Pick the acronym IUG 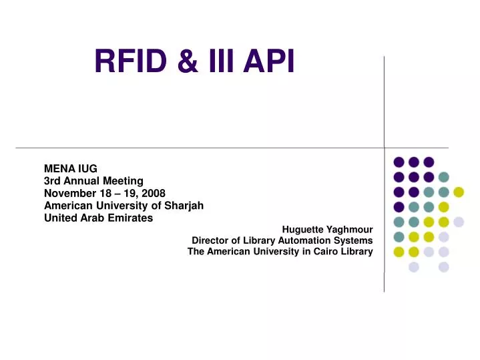tap(87, 168)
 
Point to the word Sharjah tap(185, 205)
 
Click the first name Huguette tap(303, 229)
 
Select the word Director tap(211, 240)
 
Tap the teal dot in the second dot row tap(443, 177)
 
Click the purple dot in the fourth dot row tap(399, 207)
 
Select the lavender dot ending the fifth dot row tap(459, 222)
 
